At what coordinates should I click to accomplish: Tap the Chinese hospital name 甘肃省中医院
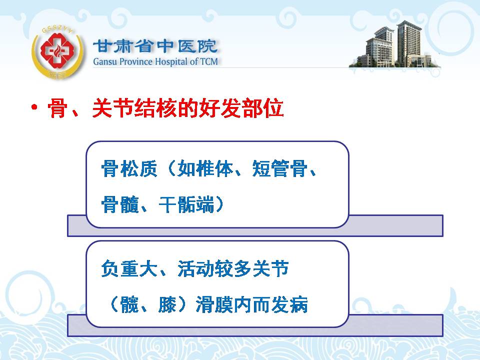[x=155, y=46]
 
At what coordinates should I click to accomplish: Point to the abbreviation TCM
[x=209, y=61]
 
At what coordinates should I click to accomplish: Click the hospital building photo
[x=395, y=46]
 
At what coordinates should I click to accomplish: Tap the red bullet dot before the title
[x=34, y=107]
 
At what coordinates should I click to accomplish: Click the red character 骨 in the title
[x=57, y=108]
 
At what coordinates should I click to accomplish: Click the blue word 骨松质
[x=129, y=168]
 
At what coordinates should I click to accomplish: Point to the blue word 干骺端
[x=186, y=204]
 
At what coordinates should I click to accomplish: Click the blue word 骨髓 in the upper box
[x=120, y=204]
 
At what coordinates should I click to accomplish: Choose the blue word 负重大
[x=129, y=268]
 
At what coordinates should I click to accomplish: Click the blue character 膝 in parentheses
[x=167, y=304]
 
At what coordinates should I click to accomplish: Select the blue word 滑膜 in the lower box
[x=214, y=304]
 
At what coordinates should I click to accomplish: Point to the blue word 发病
[x=289, y=304]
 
